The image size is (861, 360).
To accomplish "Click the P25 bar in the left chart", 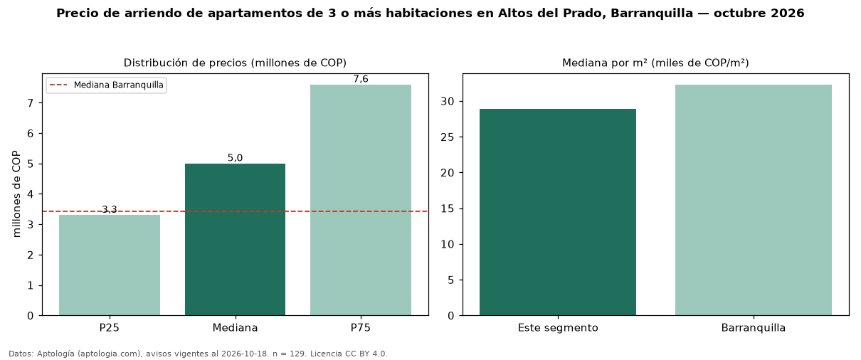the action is (x=110, y=265).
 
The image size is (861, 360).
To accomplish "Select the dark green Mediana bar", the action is (x=236, y=240).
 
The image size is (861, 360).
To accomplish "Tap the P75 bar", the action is (x=361, y=200).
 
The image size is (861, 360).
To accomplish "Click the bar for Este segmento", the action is (x=558, y=212).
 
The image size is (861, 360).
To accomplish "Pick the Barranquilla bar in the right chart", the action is (x=754, y=200).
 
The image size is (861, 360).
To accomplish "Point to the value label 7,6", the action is (x=361, y=79).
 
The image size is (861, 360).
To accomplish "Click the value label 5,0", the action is (x=236, y=158).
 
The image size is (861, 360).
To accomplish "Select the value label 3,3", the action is (x=110, y=209).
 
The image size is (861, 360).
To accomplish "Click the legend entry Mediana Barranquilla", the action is (x=107, y=85).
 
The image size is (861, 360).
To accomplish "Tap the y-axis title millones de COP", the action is (x=16, y=194).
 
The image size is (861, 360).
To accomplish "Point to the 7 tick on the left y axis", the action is (x=31, y=103).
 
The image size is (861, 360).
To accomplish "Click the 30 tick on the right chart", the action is (x=448, y=102).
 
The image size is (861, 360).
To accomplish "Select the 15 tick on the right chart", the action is (x=448, y=208).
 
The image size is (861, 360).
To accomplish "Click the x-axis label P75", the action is (x=361, y=328).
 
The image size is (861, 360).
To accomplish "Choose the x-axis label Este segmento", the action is (x=558, y=328).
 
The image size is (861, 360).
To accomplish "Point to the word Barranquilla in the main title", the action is (x=652, y=13).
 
